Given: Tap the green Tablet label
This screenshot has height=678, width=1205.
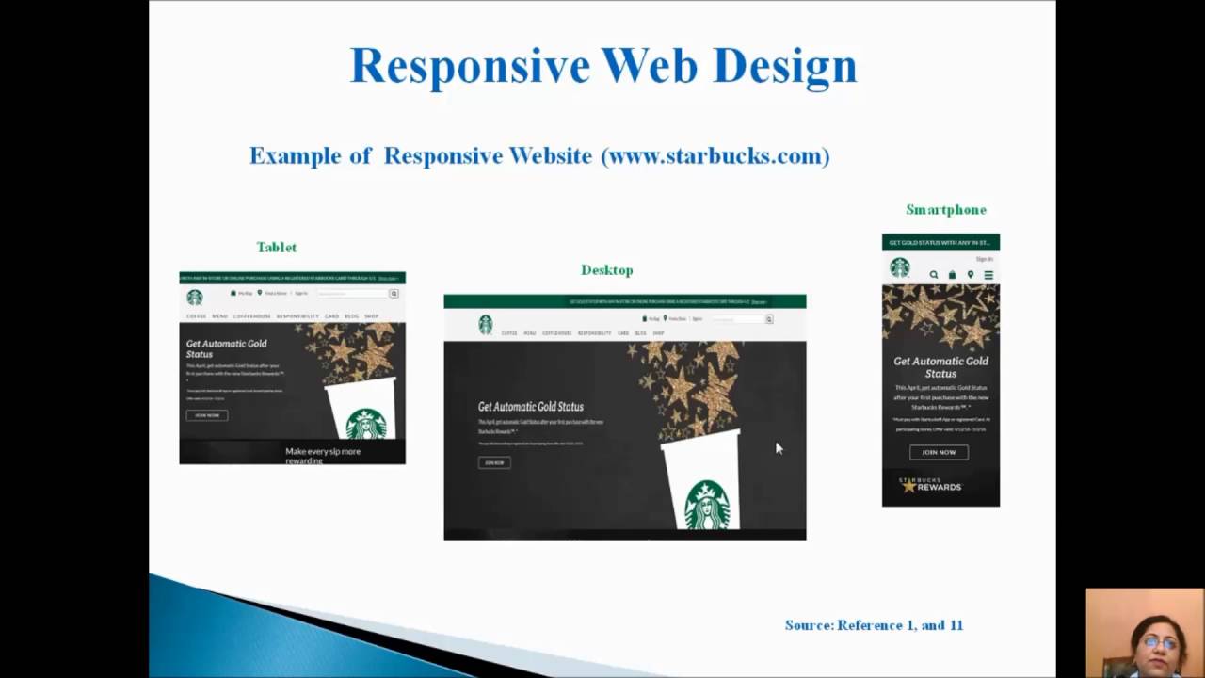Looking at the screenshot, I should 277,247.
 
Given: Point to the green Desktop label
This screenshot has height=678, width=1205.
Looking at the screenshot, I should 607,270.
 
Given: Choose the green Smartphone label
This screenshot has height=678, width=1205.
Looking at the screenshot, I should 946,210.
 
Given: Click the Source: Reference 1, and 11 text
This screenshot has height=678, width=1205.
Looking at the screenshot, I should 874,625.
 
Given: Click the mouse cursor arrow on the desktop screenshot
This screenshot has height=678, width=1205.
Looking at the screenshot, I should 779,448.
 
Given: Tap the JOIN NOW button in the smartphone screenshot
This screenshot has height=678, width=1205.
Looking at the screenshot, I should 939,452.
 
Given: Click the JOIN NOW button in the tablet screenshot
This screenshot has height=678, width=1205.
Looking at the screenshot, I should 207,415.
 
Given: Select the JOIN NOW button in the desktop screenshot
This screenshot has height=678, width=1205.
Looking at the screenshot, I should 494,462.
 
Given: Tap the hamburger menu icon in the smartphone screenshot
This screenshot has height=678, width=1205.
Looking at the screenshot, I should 988,275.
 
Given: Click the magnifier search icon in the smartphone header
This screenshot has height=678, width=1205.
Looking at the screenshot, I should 934,275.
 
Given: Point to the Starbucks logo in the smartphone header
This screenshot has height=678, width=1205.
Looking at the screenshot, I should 900,268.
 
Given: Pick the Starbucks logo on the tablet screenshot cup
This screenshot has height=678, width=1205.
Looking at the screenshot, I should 365,424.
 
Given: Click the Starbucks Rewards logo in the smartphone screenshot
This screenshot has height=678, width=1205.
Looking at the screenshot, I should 930,485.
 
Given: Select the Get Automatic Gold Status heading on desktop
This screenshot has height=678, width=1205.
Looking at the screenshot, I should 531,407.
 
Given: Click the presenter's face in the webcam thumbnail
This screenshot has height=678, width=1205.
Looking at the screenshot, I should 1160,643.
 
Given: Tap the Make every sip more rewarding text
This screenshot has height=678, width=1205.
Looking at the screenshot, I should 323,455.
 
